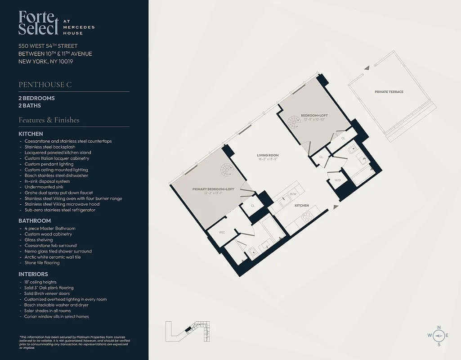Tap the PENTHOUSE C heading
[x=45, y=85]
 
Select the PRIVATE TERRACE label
[x=389, y=92]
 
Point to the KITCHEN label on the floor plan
[x=301, y=206]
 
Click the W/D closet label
[x=337, y=180]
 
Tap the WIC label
[x=222, y=232]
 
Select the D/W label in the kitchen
[x=293, y=194]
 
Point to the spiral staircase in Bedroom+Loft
[x=294, y=122]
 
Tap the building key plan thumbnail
[x=188, y=331]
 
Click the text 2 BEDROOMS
[x=36, y=98]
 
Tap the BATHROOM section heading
[x=35, y=221]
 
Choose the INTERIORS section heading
[x=33, y=274]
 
